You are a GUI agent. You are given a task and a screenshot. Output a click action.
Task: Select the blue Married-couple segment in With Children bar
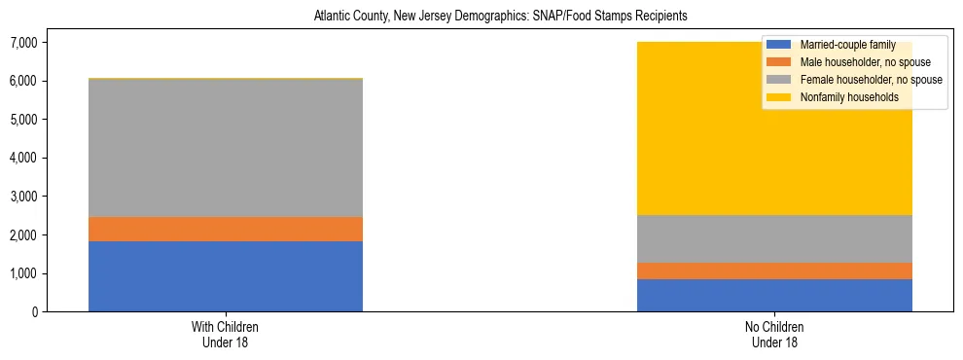(x=225, y=276)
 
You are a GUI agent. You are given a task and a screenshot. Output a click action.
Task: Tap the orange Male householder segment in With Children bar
(x=225, y=229)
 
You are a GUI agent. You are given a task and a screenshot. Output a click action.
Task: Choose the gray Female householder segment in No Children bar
(x=774, y=238)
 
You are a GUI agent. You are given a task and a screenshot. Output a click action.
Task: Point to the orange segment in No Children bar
(x=774, y=270)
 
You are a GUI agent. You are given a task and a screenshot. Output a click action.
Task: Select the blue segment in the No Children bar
(x=774, y=295)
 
